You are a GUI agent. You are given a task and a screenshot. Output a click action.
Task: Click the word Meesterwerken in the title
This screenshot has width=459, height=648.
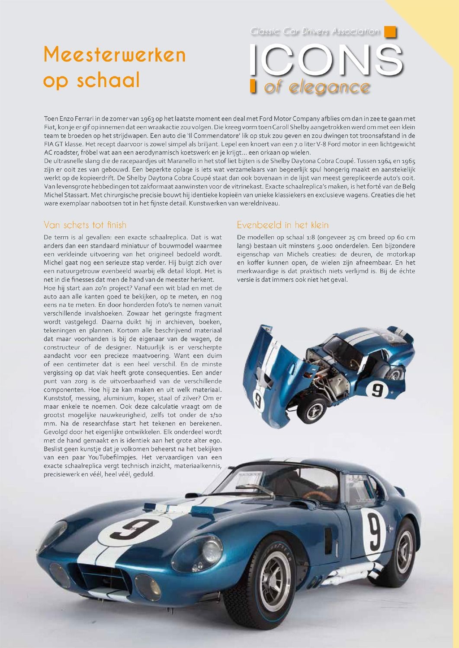pos(115,55)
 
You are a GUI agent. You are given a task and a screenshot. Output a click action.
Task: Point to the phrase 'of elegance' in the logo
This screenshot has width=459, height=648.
pos(316,87)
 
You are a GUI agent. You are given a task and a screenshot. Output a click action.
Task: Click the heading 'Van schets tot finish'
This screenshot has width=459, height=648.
pos(85,225)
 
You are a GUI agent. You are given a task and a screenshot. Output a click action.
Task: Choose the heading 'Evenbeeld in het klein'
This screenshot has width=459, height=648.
pos(282,225)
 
